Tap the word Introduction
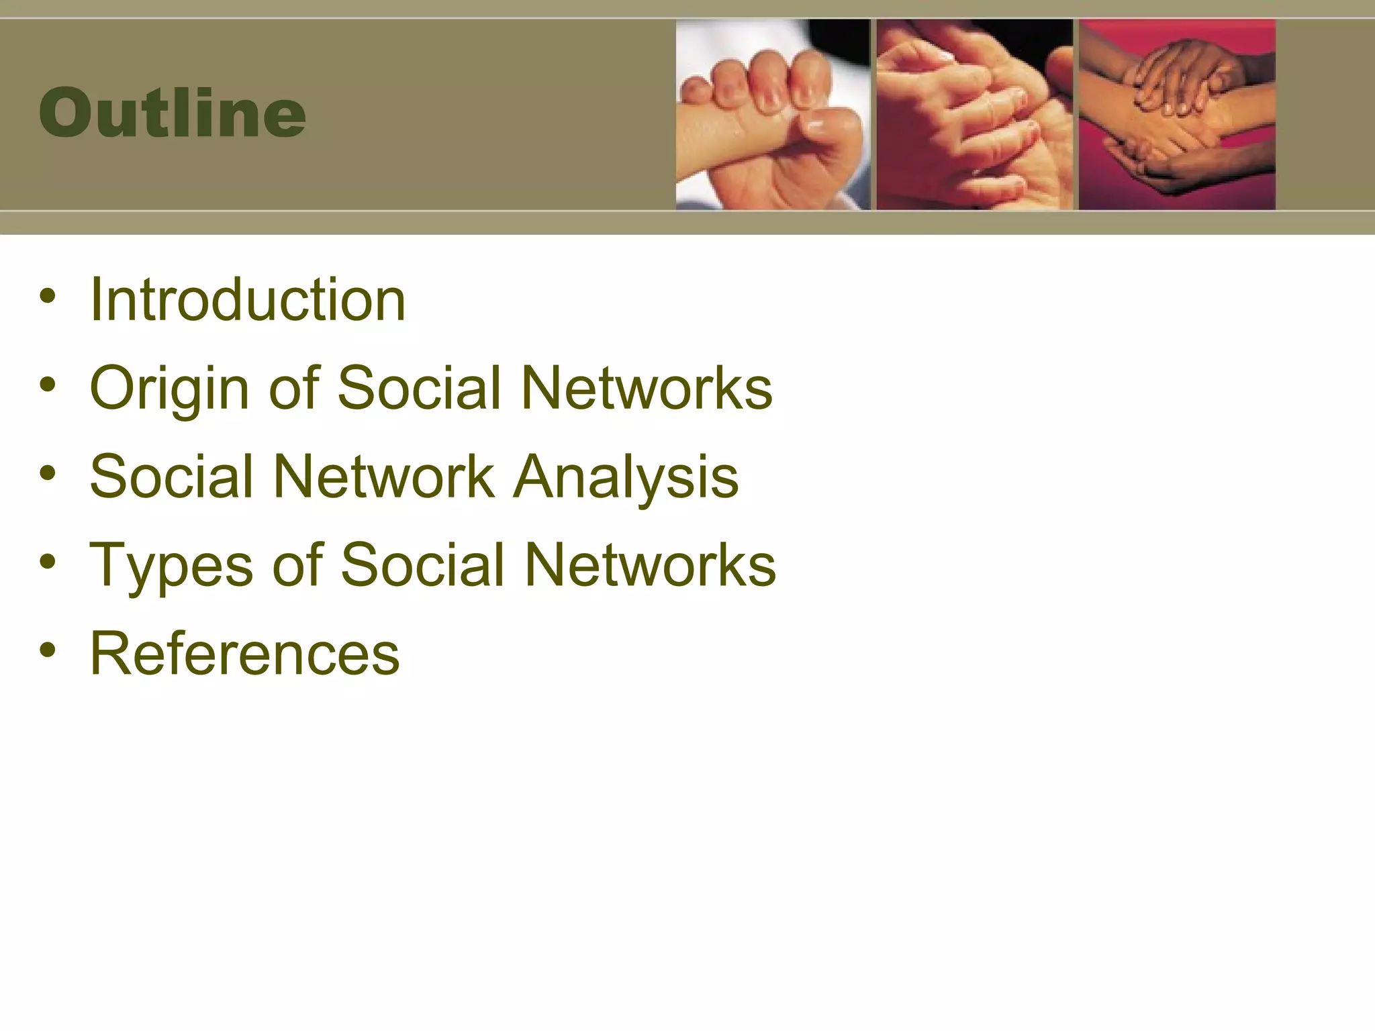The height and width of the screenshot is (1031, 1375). (248, 299)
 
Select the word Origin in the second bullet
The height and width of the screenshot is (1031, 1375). (169, 388)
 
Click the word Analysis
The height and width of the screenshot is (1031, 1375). (625, 477)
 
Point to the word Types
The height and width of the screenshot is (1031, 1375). (171, 565)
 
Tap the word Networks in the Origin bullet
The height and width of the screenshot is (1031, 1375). (647, 388)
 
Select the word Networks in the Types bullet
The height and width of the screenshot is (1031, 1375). (650, 565)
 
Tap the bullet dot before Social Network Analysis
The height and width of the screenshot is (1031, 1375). (47, 473)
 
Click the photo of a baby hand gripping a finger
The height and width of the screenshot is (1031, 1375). (773, 114)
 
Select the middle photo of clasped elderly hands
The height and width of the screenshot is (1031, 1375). (974, 114)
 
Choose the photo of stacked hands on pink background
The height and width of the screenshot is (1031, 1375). (1177, 114)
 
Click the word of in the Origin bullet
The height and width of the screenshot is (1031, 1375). (293, 388)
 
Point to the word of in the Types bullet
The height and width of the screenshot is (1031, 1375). (297, 565)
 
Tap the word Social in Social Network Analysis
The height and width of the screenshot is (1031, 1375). (171, 477)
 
